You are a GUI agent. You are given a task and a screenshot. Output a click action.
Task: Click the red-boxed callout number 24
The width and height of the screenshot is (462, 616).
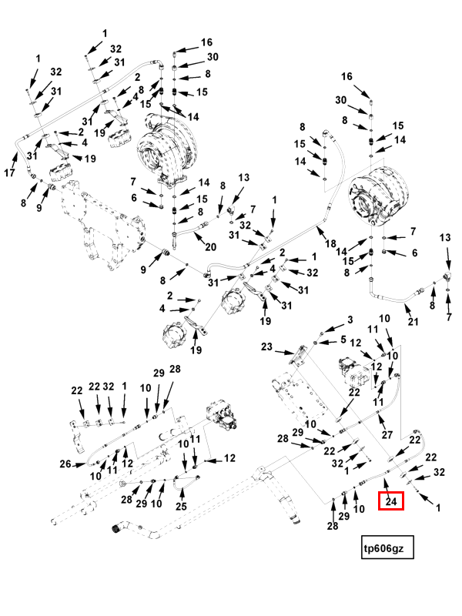(x=391, y=501)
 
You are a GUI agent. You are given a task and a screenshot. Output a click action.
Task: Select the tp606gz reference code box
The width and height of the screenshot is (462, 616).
(x=389, y=548)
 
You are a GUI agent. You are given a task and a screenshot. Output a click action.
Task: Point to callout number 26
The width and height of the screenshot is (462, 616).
(x=65, y=464)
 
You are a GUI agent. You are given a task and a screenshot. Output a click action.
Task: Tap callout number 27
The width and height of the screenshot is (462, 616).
(x=388, y=434)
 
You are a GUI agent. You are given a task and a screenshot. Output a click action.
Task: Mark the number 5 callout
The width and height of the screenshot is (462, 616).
(x=343, y=340)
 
